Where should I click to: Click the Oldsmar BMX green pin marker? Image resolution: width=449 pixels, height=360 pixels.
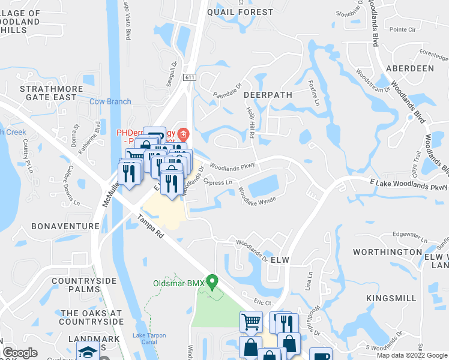pos(211,281)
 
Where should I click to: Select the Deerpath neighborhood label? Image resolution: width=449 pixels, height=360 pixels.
pos(268,95)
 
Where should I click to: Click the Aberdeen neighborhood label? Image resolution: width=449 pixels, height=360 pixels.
pos(410,68)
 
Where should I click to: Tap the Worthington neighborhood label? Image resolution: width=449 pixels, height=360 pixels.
pos(387,252)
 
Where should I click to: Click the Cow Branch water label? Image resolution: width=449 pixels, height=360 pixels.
pos(110,102)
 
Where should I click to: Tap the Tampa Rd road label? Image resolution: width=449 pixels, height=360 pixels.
pos(151,228)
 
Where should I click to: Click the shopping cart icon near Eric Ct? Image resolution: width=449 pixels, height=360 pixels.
pos(251,321)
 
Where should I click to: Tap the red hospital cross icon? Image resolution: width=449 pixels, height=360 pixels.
pos(182,133)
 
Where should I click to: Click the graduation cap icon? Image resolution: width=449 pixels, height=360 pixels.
pos(88,353)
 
